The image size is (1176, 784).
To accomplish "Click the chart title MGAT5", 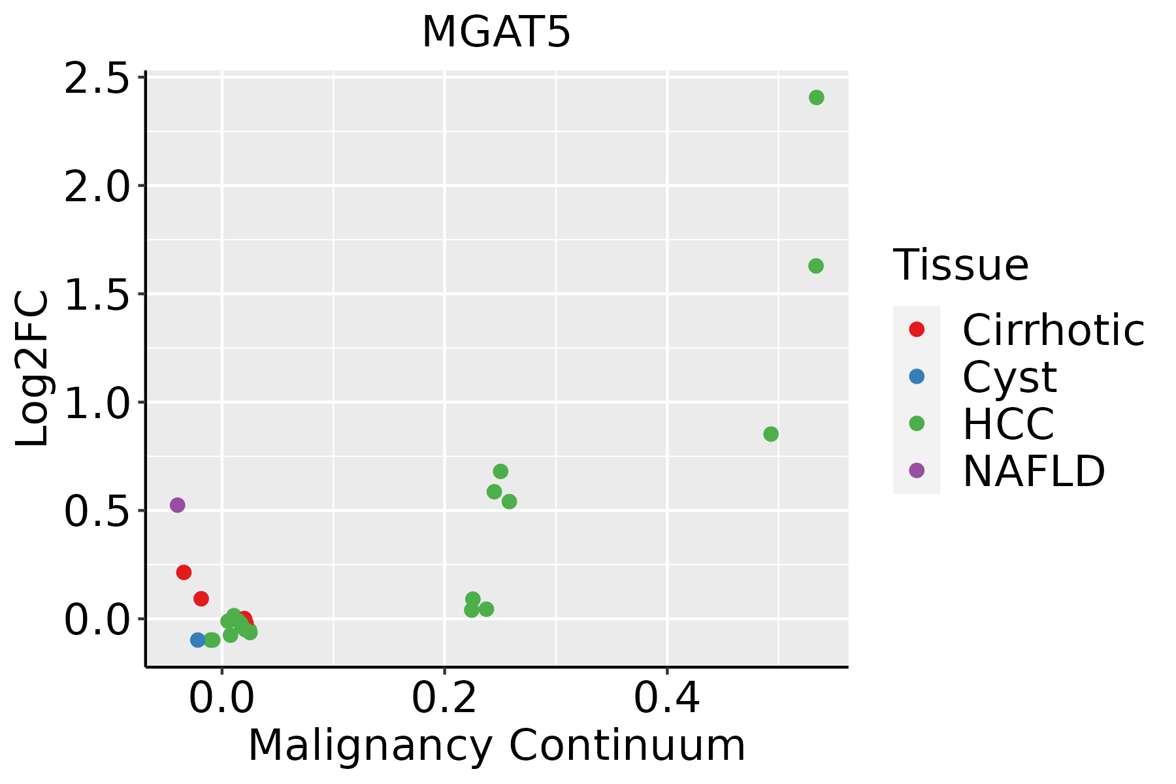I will (496, 33).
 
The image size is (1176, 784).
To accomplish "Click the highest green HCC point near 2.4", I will (816, 98).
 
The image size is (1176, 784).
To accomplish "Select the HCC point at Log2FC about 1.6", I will (815, 266).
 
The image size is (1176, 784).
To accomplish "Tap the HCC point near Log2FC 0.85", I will (771, 434).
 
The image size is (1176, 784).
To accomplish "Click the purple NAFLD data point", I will (177, 505).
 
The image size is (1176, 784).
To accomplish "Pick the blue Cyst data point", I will (198, 640).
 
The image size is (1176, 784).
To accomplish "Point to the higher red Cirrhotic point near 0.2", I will (184, 572).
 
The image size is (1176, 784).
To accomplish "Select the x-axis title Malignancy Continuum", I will (496, 745).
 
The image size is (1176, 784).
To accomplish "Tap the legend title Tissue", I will (960, 265).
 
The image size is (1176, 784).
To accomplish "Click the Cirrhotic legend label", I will (1053, 330).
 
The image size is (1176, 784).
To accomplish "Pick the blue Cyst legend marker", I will (917, 376).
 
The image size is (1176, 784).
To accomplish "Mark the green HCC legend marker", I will (917, 423).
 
